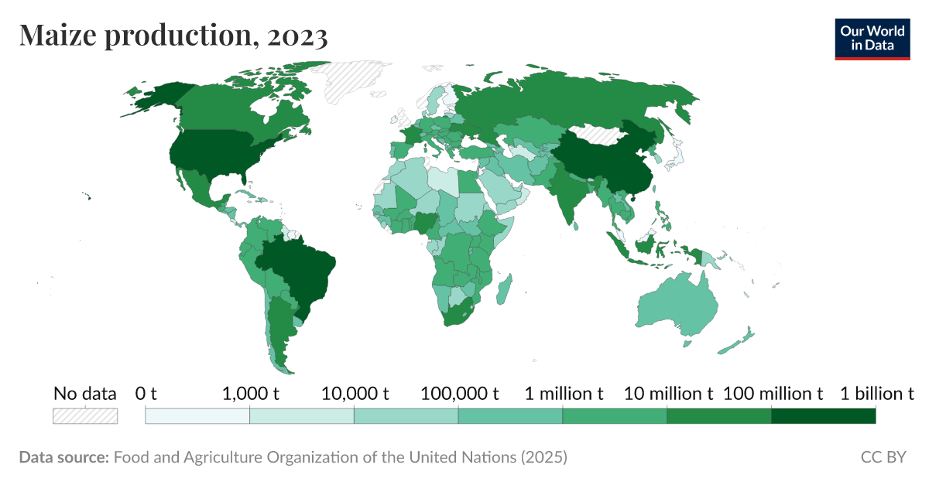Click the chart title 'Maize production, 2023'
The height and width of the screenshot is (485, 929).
tap(173, 36)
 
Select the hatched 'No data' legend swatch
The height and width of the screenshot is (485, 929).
tap(85, 416)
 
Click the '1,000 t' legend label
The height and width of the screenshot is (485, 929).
tap(250, 394)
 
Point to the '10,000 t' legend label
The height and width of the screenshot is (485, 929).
tap(354, 394)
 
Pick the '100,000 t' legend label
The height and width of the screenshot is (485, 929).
tap(459, 394)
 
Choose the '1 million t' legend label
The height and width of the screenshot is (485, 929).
tap(564, 394)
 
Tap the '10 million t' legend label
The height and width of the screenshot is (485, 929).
tap(668, 394)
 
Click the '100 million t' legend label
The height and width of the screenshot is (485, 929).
tap(773, 394)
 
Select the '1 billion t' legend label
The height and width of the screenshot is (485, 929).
tap(872, 394)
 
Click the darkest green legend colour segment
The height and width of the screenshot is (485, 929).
tap(823, 416)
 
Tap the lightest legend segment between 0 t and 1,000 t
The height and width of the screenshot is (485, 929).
tap(197, 416)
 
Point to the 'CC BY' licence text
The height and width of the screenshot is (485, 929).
tap(883, 457)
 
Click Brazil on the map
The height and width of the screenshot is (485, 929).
tap(298, 271)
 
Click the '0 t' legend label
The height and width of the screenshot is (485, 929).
tap(146, 394)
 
